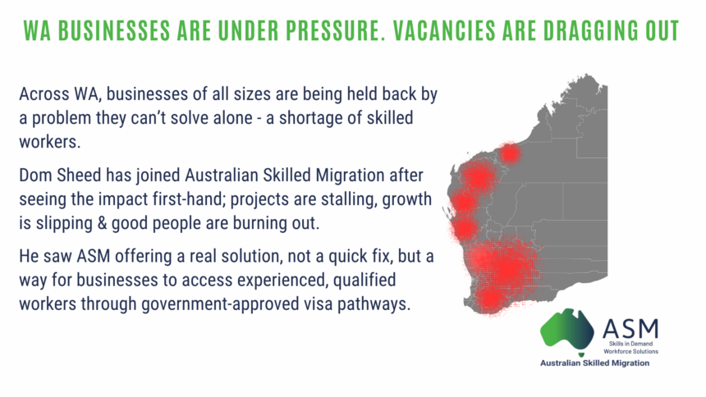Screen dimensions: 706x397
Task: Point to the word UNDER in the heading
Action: click(248, 31)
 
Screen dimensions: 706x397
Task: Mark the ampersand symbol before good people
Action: click(101, 223)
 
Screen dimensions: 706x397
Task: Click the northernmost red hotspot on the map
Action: click(510, 153)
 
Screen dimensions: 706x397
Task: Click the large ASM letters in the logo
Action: click(630, 329)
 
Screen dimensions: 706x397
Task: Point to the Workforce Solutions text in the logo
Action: click(630, 351)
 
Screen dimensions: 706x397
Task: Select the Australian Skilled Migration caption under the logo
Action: click(595, 363)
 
